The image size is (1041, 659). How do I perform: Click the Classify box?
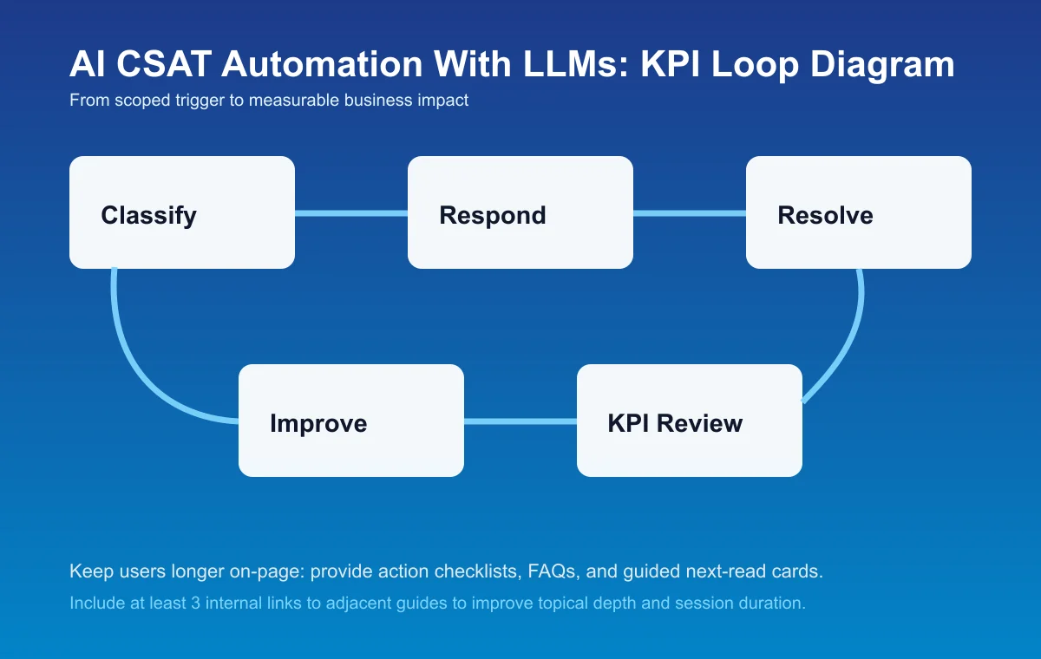[x=182, y=212]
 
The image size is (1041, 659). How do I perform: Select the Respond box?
[x=520, y=212]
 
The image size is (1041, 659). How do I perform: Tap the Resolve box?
[x=859, y=212]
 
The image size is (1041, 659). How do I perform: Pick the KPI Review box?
[x=690, y=421]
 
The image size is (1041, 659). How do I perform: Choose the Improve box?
[x=351, y=421]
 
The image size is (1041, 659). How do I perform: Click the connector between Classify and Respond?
[x=351, y=212]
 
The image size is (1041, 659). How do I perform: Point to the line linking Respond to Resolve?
[x=690, y=212]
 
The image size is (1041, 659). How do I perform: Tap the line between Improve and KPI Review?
[x=520, y=421]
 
